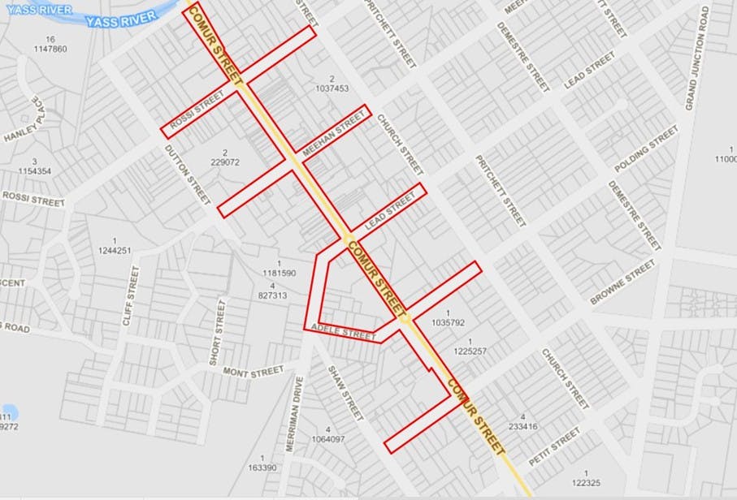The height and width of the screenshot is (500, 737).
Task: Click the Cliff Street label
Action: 131,295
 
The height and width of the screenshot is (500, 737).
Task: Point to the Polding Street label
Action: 646,149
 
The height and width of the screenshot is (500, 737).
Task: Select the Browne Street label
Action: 622,282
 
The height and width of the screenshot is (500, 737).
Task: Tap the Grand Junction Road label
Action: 696,58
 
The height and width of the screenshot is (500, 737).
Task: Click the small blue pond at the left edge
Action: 7,412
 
